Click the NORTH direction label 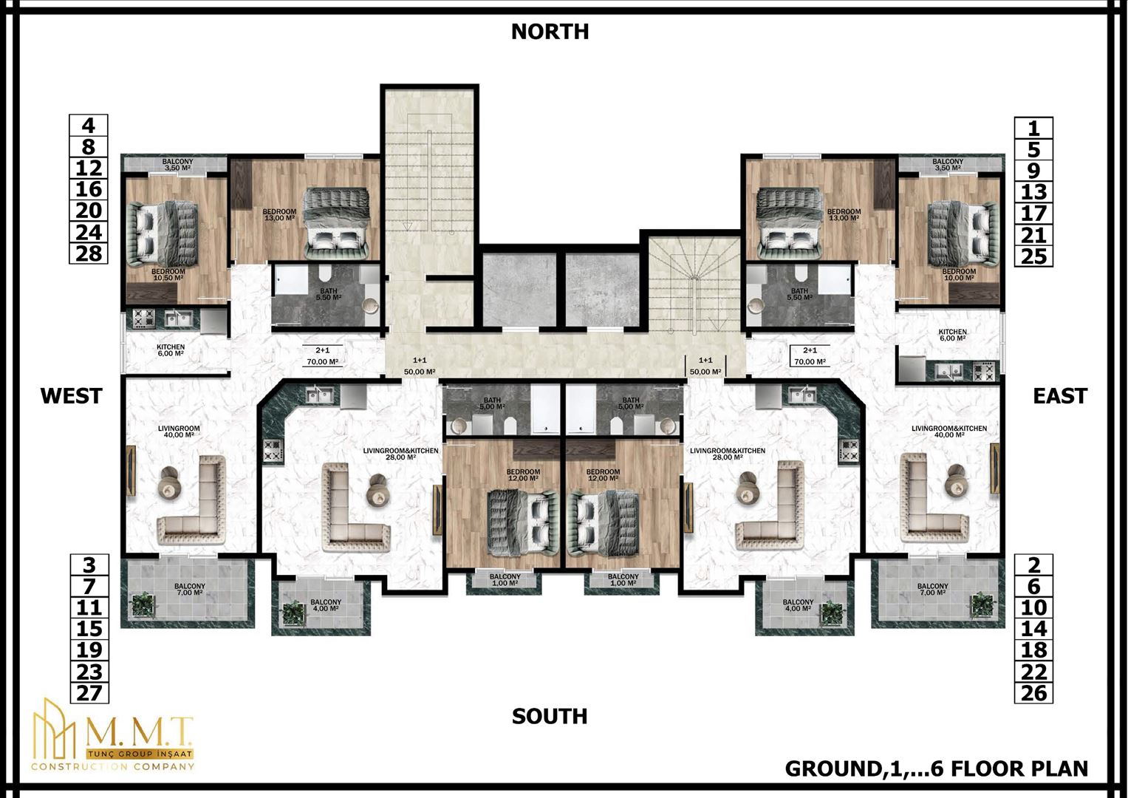click(550, 32)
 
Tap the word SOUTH click(550, 717)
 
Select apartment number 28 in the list click(89, 253)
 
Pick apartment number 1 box click(1033, 128)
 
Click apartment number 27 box click(89, 693)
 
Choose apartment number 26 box click(1033, 693)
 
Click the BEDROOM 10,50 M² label click(168, 275)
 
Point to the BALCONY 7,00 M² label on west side click(190, 590)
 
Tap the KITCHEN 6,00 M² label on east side click(952, 335)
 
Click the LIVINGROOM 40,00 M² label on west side click(179, 432)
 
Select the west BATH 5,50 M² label click(328, 294)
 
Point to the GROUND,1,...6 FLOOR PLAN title click(937, 768)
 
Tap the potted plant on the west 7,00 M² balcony click(143, 604)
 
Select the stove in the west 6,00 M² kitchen click(143, 318)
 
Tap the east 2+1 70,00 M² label click(810, 355)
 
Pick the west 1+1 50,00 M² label click(420, 366)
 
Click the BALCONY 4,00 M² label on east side click(798, 605)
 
